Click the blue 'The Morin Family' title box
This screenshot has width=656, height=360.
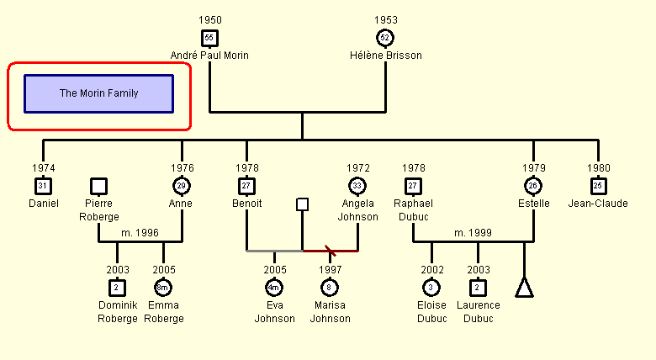(x=98, y=93)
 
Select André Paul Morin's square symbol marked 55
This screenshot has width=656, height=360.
(x=209, y=38)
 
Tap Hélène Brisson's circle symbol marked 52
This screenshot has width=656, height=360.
(x=385, y=38)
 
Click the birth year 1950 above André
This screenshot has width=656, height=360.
(x=210, y=19)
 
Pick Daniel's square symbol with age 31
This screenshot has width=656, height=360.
(x=43, y=186)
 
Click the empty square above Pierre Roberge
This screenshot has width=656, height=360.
(x=98, y=186)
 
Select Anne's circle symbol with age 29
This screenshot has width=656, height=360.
(x=182, y=186)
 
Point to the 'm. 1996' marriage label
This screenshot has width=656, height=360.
(x=140, y=233)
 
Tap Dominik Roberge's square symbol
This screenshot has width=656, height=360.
(x=117, y=288)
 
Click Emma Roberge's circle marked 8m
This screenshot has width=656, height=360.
(x=163, y=288)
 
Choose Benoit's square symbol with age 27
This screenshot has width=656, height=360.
(x=246, y=186)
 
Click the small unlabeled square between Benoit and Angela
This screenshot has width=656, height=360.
(x=303, y=204)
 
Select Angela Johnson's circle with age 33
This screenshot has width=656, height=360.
(x=357, y=186)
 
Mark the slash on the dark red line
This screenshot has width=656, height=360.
(x=331, y=251)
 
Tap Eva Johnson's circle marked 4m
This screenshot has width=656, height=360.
(x=274, y=288)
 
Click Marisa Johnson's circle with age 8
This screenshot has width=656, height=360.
(x=329, y=288)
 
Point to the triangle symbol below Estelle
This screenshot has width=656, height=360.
(x=524, y=288)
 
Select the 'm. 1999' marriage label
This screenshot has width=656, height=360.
(x=473, y=233)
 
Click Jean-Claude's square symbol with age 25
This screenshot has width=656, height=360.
(x=598, y=186)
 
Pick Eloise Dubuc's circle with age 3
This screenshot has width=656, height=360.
(x=431, y=288)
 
